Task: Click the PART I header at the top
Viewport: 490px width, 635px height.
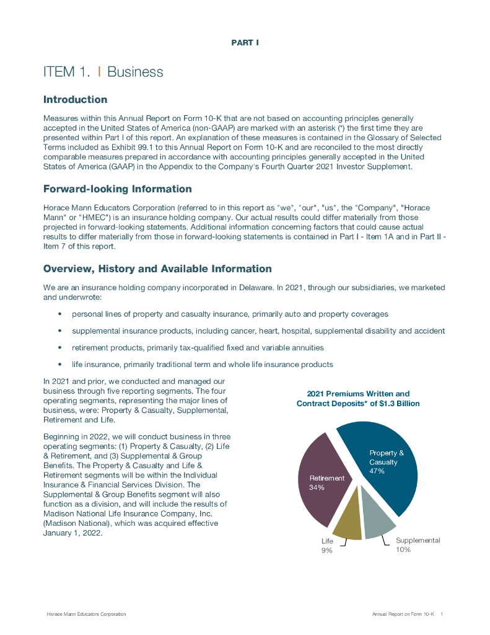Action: pyautogui.click(x=245, y=43)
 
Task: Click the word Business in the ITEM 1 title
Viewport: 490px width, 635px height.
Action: pyautogui.click(x=135, y=72)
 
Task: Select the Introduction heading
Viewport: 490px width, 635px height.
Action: pyautogui.click(x=75, y=100)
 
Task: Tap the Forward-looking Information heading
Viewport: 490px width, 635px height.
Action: pyautogui.click(x=117, y=189)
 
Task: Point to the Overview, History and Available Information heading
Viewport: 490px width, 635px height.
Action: pyautogui.click(x=157, y=269)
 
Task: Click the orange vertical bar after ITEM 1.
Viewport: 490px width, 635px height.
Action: pyautogui.click(x=100, y=72)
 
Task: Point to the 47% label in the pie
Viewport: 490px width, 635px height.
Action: pyautogui.click(x=377, y=471)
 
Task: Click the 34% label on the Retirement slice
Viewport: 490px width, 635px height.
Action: pyautogui.click(x=317, y=487)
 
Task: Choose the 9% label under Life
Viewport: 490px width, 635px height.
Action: pyautogui.click(x=326, y=551)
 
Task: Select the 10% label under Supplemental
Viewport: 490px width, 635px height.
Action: pyautogui.click(x=403, y=549)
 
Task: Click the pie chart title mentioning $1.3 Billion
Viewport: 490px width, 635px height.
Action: pyautogui.click(x=358, y=399)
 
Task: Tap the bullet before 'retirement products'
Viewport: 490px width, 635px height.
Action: pyautogui.click(x=59, y=348)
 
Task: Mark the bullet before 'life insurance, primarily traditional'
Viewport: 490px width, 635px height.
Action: pyautogui.click(x=59, y=365)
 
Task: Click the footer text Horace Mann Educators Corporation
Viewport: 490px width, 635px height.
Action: pyautogui.click(x=87, y=614)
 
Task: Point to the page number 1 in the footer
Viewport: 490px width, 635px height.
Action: pyautogui.click(x=442, y=614)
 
